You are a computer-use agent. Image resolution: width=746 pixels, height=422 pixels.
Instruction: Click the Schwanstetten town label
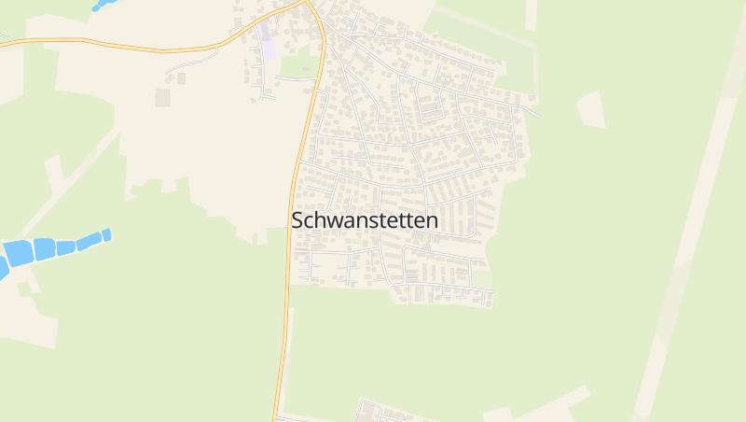(x=365, y=220)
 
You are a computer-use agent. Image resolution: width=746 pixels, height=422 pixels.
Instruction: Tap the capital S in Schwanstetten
(x=297, y=221)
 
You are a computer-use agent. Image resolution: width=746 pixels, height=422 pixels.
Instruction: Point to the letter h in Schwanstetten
(x=321, y=220)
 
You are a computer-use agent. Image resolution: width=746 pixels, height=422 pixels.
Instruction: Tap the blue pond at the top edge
(x=103, y=5)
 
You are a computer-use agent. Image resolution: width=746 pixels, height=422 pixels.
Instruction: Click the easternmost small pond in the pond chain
(x=107, y=234)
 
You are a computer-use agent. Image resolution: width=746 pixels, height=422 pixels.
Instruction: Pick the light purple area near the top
(x=269, y=47)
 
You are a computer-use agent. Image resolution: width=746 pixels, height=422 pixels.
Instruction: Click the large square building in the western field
(x=163, y=97)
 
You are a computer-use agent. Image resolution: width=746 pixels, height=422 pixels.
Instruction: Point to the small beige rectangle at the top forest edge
(x=532, y=13)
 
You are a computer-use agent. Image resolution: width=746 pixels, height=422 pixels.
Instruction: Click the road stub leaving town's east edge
(x=532, y=112)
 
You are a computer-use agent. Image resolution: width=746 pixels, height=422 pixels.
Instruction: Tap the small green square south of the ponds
(x=23, y=288)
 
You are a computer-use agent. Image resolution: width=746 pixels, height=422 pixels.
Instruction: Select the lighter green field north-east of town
(x=485, y=37)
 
